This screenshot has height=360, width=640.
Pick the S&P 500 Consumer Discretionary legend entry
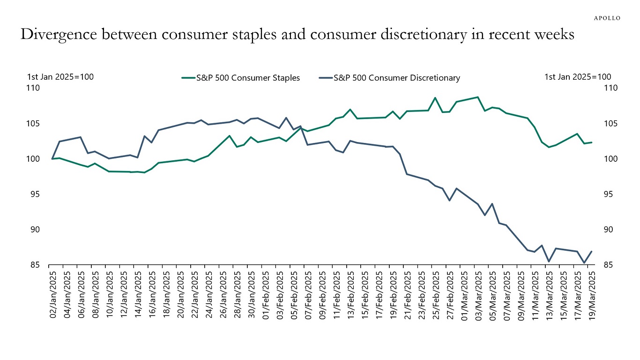pos(389,78)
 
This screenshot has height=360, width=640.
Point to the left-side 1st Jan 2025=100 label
pos(59,77)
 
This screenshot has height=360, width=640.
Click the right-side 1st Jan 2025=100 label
pos(578,77)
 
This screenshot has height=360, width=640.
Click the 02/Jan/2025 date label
pos(53,293)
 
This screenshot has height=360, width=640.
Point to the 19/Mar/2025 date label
pos(591,293)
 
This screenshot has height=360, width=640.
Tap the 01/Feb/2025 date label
pos(266,293)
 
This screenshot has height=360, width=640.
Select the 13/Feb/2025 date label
pos(350,293)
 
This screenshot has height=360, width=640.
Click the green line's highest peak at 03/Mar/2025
pos(477,97)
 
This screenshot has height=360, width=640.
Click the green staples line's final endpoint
pos(592,142)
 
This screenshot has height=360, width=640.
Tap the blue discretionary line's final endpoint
pos(592,251)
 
